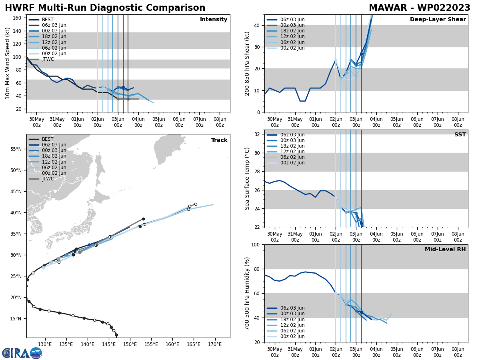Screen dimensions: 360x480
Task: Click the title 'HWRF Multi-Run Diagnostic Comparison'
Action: coord(105,8)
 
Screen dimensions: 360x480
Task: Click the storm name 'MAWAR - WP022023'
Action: coord(419,8)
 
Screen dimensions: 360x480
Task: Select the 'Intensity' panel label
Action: coord(214,20)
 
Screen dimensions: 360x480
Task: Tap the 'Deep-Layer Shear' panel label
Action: coord(438,20)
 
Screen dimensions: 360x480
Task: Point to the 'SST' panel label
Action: coord(460,135)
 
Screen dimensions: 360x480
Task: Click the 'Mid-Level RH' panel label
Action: coord(445,250)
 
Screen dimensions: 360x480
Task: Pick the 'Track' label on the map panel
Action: coord(219,140)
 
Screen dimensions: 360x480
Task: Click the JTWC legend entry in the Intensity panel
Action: coord(48,59)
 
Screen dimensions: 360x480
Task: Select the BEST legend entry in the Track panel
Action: coord(48,139)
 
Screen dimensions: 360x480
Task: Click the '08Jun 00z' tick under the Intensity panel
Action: coord(220,122)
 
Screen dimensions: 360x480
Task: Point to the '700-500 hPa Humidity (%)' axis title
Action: coord(248,294)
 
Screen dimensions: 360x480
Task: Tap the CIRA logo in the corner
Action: coord(22,353)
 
